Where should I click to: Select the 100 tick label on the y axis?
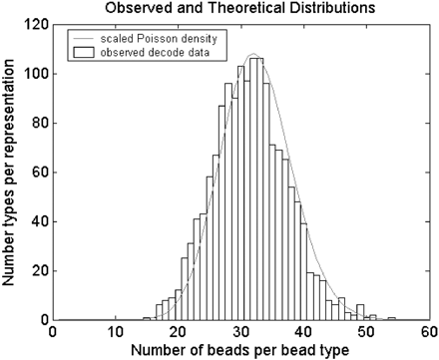coord(34,73)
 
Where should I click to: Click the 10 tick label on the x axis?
coord(115,332)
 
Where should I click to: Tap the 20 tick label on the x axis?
coord(179,332)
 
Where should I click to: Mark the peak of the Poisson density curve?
coord(253,54)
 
